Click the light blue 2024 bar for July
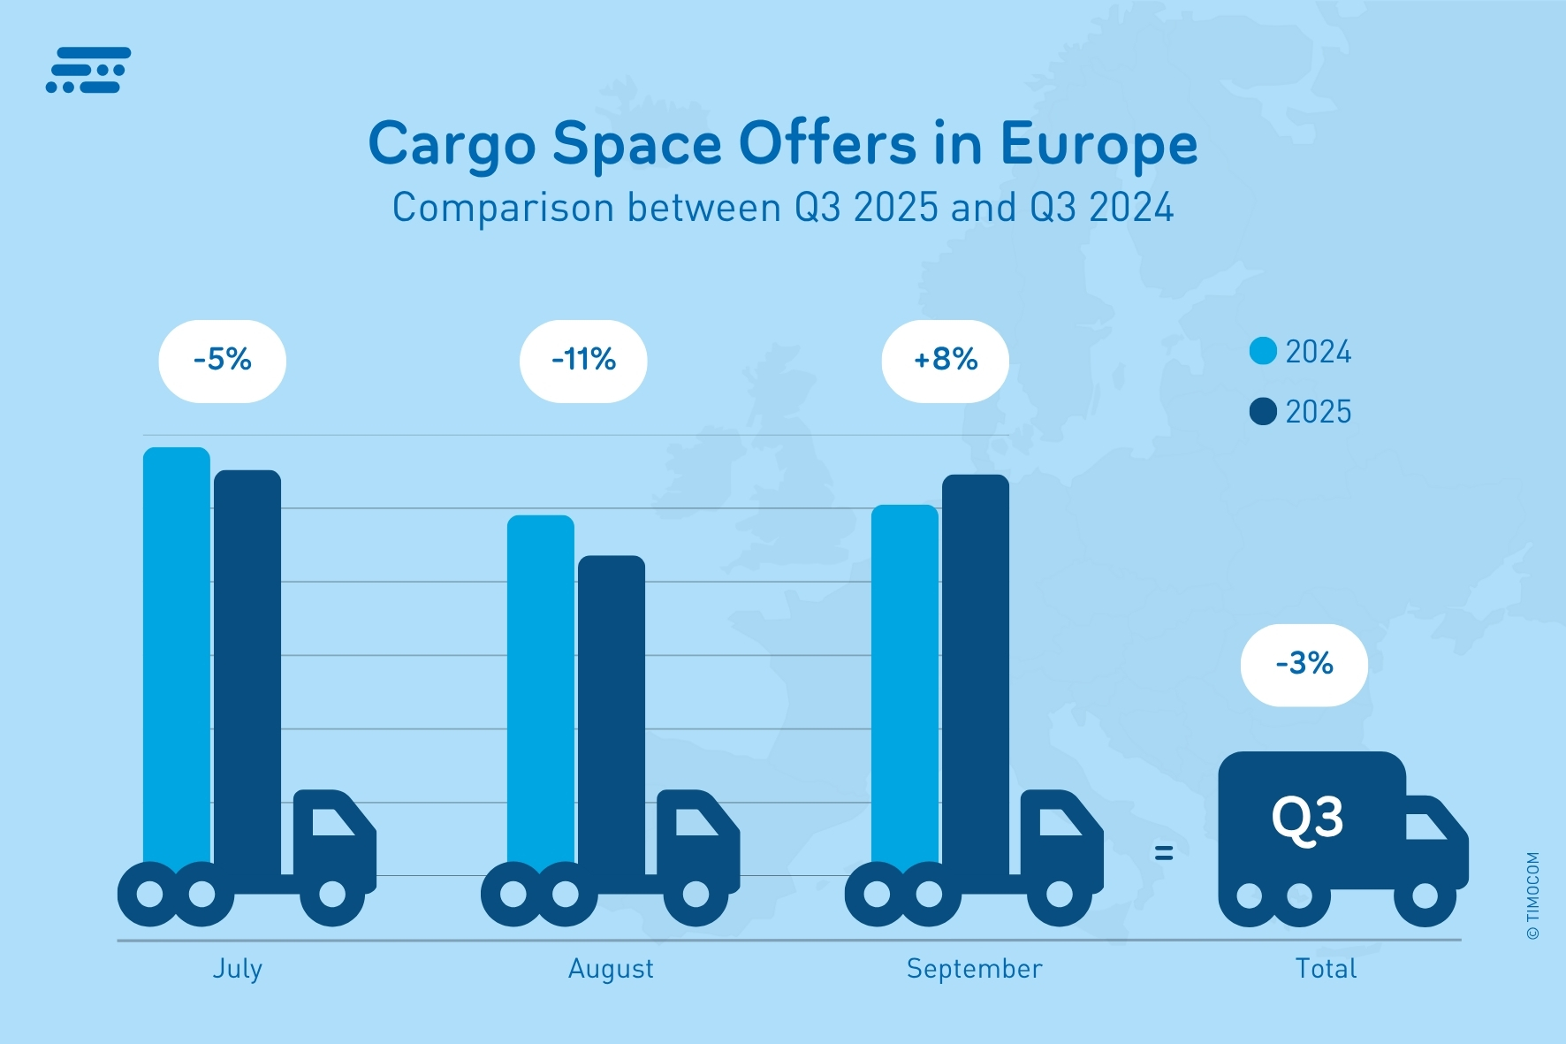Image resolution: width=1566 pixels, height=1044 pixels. [x=177, y=654]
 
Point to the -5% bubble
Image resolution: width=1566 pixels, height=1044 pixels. [x=223, y=361]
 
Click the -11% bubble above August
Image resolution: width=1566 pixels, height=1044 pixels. [x=583, y=361]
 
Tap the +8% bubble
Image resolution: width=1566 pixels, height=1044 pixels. [x=946, y=361]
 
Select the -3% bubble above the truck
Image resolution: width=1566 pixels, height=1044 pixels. [x=1304, y=664]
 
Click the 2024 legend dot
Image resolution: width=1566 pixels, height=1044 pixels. [x=1263, y=351]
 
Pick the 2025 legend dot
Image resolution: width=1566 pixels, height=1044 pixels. [x=1263, y=411]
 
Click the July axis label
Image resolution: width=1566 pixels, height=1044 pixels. [x=237, y=969]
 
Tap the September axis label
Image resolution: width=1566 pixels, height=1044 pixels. [x=974, y=969]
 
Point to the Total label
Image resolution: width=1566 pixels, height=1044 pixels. [x=1326, y=969]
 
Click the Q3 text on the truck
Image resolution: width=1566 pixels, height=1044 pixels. [x=1307, y=819]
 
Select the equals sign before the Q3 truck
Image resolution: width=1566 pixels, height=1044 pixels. [x=1164, y=852]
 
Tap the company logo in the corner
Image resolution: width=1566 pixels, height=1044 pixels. [x=88, y=70]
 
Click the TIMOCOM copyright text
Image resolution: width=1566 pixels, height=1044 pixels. [x=1532, y=895]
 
